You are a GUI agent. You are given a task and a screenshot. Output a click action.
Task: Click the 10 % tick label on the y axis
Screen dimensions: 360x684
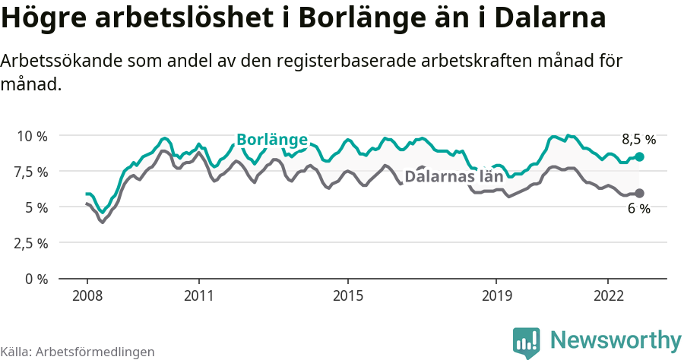33,136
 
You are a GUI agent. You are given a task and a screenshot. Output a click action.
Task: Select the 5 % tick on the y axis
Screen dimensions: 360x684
36,207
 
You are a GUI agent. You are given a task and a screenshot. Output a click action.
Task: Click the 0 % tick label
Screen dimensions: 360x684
36,279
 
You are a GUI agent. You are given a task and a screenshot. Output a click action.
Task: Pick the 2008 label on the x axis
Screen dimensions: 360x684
87,295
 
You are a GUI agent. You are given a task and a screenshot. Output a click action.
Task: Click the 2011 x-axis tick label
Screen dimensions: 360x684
198,295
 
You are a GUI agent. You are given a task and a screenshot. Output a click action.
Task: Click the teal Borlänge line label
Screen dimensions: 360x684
272,140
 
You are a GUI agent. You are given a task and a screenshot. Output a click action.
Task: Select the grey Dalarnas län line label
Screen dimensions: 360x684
454,177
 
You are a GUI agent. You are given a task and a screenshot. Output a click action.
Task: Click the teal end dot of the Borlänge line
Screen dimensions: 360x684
639,156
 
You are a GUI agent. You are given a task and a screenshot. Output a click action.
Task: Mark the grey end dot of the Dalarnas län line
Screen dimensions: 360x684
639,193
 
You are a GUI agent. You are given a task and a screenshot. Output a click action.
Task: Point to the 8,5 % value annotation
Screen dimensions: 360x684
638,140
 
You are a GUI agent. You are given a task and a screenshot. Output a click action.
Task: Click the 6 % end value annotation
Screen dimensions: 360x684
639,209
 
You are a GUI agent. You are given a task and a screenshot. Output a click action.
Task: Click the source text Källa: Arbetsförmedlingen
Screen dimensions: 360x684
78,352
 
